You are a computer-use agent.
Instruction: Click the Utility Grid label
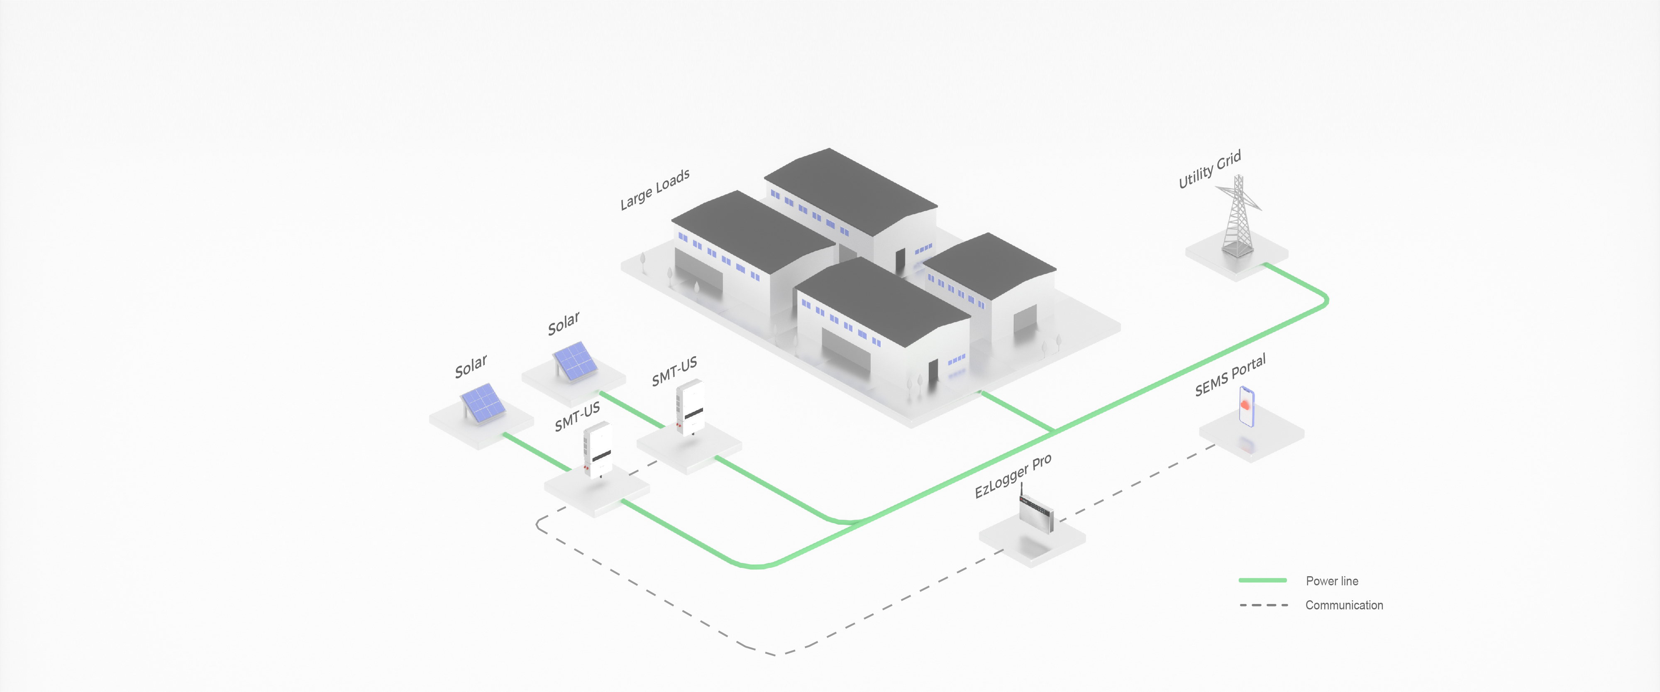(x=1210, y=169)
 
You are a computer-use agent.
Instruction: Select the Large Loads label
(x=655, y=189)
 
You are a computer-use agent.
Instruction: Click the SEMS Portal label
(x=1230, y=374)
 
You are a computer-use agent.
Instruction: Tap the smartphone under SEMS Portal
(x=1246, y=406)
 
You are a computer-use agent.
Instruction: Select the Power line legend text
(x=1331, y=580)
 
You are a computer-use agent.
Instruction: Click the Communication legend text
(x=1344, y=605)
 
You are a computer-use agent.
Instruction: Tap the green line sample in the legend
(x=1262, y=580)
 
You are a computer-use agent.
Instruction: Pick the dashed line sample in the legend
(x=1263, y=605)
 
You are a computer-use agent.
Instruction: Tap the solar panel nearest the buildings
(x=575, y=360)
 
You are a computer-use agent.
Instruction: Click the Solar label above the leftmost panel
(x=471, y=366)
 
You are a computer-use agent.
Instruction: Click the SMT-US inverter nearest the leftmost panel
(x=597, y=449)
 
